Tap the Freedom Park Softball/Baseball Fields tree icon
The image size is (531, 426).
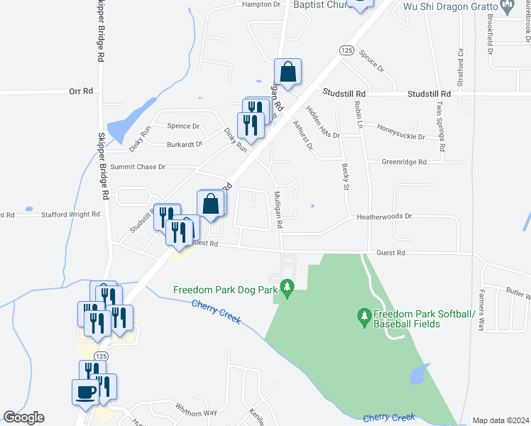(x=364, y=315)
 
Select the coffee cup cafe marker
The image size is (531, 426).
(x=84, y=392)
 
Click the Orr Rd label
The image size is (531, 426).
(x=81, y=91)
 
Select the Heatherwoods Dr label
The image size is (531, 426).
(x=384, y=217)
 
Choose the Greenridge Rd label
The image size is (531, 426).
(x=404, y=162)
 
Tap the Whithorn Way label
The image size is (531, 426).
(x=197, y=413)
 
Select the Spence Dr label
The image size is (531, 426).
(x=183, y=126)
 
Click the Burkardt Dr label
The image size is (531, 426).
(x=180, y=144)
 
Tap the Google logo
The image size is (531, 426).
(x=23, y=418)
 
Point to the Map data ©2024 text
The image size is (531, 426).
(x=500, y=420)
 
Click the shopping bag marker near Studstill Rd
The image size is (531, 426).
(x=288, y=72)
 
